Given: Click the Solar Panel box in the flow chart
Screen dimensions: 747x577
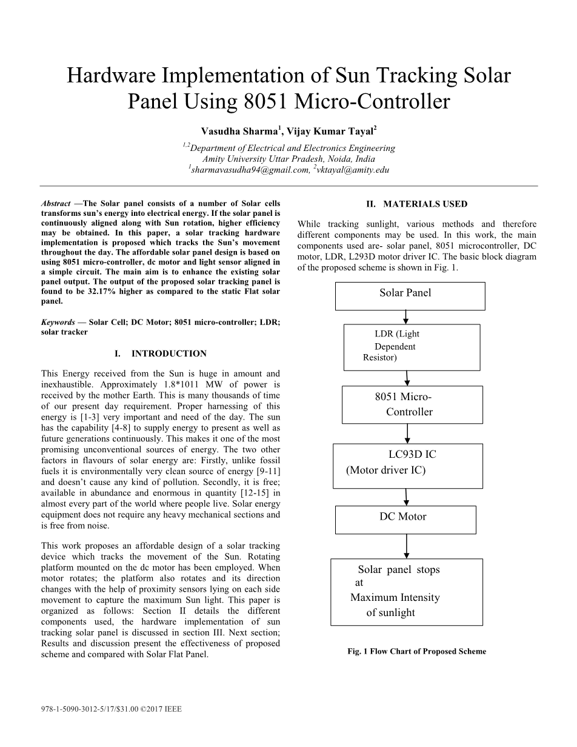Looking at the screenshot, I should [x=410, y=296].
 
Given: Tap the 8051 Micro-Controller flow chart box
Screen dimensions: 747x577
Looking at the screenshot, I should [x=412, y=404].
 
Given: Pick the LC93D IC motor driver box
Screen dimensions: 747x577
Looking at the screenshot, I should [x=407, y=466].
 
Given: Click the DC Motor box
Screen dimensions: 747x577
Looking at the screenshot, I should [x=405, y=519].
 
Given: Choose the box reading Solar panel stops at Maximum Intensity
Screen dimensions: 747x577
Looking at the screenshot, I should [x=406, y=591].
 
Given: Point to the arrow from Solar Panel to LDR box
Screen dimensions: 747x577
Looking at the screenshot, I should [x=406, y=317].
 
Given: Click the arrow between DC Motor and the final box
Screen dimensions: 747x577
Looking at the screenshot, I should [x=406, y=546].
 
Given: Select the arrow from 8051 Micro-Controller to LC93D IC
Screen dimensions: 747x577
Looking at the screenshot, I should [x=407, y=434].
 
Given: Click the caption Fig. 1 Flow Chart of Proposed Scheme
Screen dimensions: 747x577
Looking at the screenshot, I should [x=416, y=652].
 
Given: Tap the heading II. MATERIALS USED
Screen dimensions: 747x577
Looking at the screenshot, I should [x=416, y=204].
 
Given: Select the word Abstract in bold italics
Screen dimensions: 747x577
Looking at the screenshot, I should [x=56, y=204].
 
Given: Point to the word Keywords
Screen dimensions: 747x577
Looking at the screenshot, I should [x=58, y=323].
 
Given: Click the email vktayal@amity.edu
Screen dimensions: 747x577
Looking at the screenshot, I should [x=353, y=170].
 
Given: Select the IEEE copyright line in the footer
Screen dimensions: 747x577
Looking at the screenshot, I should [x=112, y=708].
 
